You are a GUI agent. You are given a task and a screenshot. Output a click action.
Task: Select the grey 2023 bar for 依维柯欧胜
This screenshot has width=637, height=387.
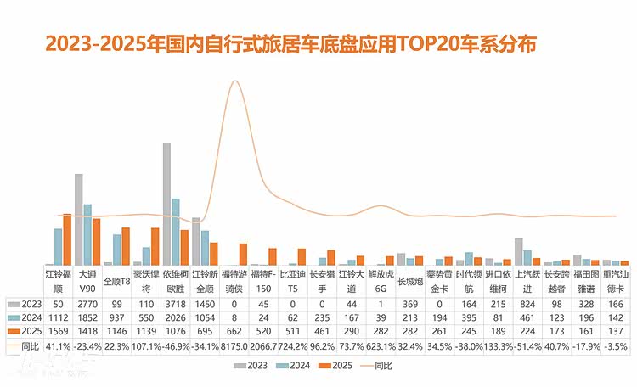(166, 204)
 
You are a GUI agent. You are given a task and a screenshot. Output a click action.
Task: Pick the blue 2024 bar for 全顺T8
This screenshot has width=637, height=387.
(116, 250)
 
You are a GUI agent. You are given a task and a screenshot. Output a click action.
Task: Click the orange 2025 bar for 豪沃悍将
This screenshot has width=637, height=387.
(155, 246)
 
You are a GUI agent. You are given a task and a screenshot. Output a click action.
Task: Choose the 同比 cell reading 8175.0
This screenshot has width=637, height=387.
(233, 346)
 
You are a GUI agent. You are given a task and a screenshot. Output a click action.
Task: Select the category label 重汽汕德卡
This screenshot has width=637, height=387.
(616, 281)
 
